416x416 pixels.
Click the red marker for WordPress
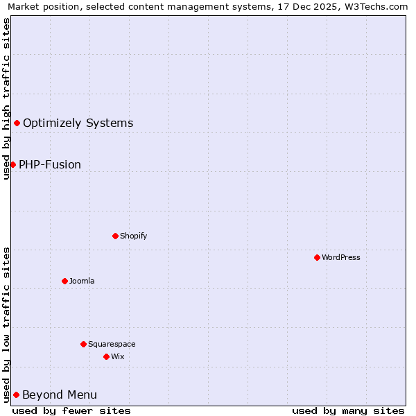coord(317,257)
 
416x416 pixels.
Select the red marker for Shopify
coord(115,236)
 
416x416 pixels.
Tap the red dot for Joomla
coord(64,281)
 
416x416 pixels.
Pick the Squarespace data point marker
coord(83,344)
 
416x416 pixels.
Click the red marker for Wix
coord(106,356)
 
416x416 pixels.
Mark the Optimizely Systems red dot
coord(17,123)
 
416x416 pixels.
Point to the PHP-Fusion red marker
coord(12,164)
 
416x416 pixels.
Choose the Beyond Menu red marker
coord(16,395)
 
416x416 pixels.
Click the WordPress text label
coord(341,257)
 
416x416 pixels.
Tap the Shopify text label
coord(134,236)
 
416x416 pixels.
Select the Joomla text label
coord(82,281)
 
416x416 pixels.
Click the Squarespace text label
coord(112,344)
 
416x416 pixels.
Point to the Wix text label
coord(118,356)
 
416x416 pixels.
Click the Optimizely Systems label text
coord(78,123)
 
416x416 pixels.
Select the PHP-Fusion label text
coord(50,165)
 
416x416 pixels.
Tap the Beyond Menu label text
coord(60,395)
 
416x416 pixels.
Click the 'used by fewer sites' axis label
coord(71,410)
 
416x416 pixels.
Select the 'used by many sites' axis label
coord(348,410)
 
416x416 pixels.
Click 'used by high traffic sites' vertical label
coord(6,98)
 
